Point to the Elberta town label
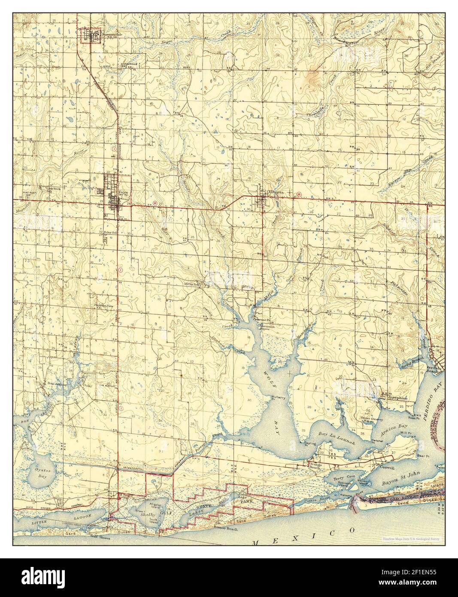[x=275, y=192]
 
